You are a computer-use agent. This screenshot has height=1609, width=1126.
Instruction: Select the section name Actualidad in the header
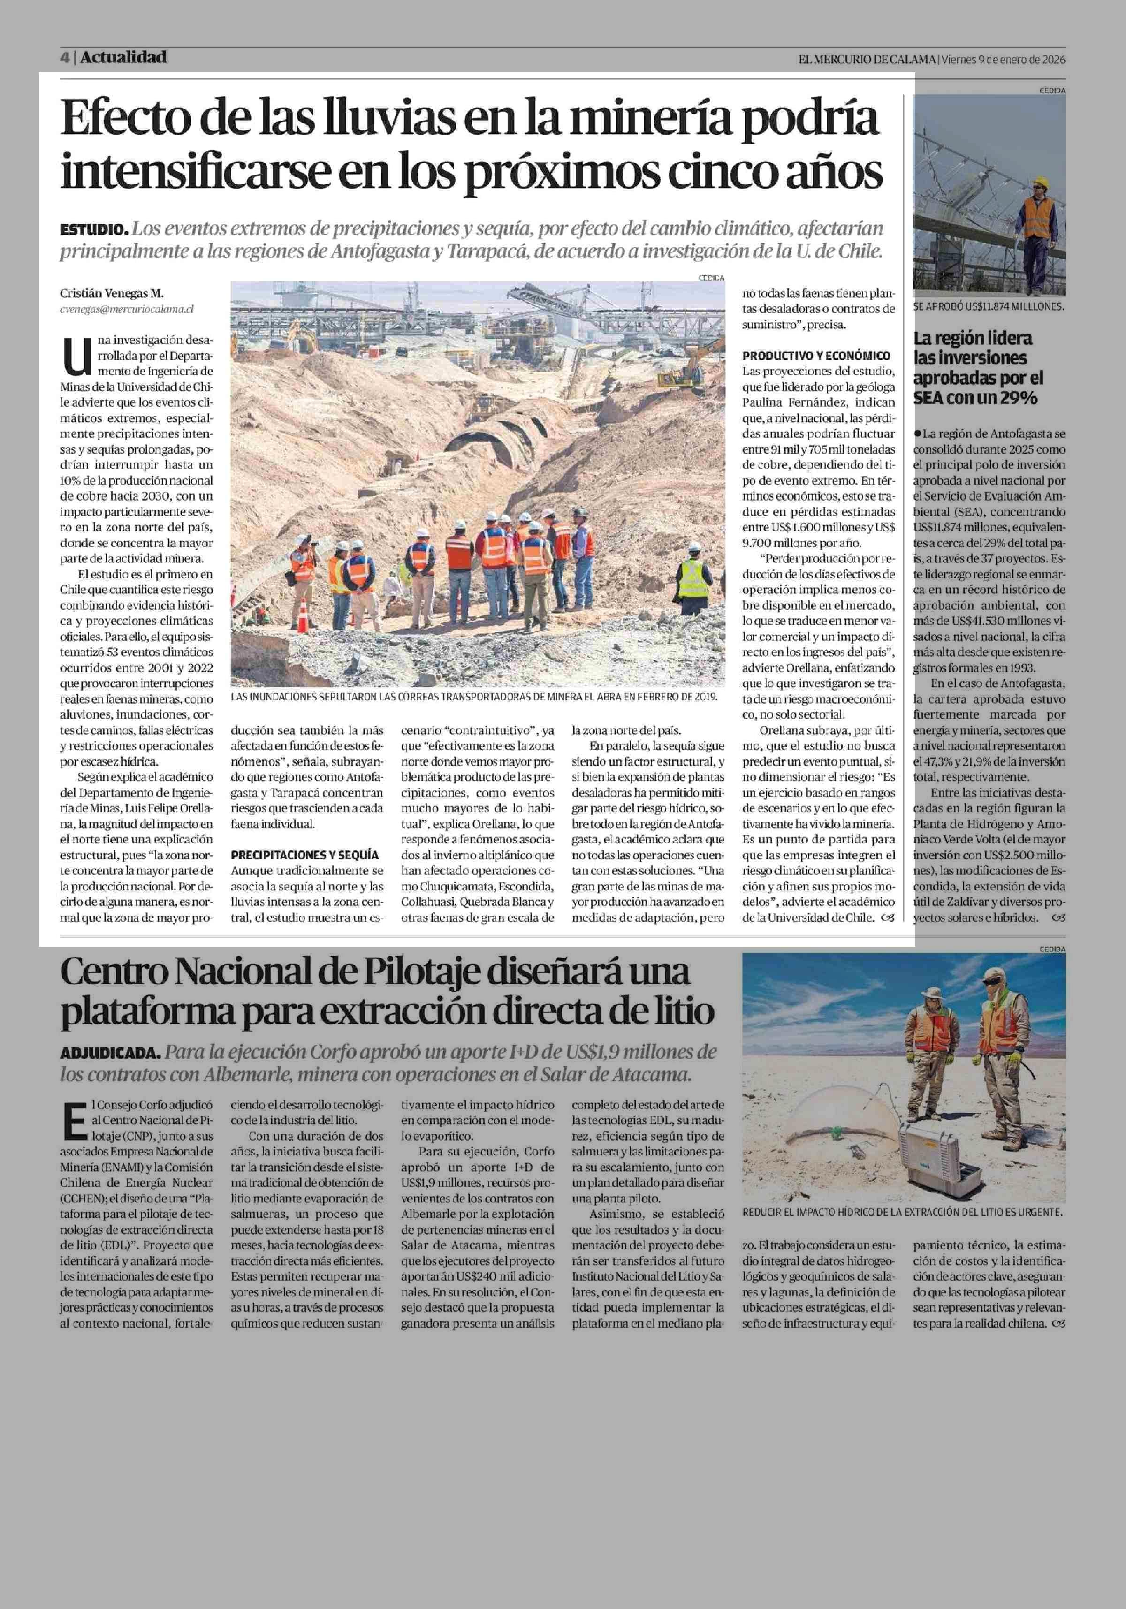[123, 57]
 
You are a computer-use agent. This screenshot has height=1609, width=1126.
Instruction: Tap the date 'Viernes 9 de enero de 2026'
[1004, 60]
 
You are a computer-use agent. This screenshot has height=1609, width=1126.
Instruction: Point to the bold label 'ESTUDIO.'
[94, 229]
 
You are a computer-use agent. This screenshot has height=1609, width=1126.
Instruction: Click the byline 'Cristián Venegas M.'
[111, 294]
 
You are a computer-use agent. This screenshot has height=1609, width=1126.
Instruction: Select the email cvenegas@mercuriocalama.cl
[127, 308]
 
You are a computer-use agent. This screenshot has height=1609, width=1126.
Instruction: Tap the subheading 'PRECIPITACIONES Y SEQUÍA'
[305, 855]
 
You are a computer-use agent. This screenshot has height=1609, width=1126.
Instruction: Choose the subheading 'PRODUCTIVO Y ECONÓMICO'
[816, 355]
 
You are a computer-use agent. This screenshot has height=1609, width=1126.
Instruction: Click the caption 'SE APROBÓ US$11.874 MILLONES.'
[989, 306]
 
